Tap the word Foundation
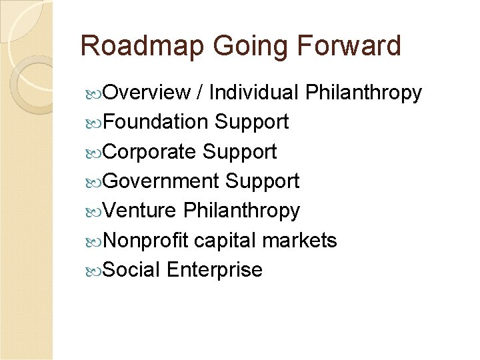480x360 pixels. [156, 122]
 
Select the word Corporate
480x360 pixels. [150, 151]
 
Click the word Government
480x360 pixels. [161, 181]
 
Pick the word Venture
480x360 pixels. [140, 211]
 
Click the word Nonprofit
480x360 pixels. [147, 240]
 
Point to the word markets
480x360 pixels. [300, 240]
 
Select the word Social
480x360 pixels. [132, 269]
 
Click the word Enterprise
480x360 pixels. [215, 269]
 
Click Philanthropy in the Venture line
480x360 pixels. [241, 211]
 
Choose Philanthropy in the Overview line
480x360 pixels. [363, 93]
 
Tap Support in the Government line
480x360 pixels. [263, 181]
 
